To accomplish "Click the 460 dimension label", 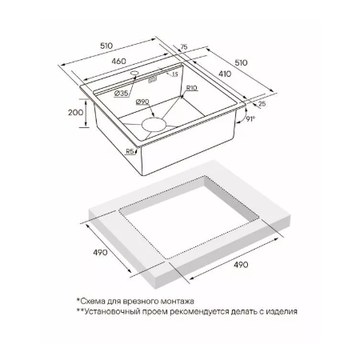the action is pos(118,61).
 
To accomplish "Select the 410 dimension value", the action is pos(225,74).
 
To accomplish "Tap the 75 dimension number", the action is pos(184,47).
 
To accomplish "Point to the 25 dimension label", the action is pos(262,103).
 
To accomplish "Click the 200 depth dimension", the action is pos(76,112).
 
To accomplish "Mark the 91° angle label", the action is pos(250,119).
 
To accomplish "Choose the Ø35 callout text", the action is pos(121,94).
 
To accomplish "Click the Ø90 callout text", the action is pos(142,102).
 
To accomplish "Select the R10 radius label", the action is pos(191,88).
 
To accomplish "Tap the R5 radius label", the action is pos(130,151).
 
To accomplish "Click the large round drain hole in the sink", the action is pos(154,124).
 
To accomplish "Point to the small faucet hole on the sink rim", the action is pos(134,73).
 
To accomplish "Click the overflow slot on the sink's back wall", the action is pos(152,79).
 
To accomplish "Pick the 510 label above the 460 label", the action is pos(106,46).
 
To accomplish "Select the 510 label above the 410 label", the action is pos(241,62).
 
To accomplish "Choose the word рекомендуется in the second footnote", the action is pos(199,311).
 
